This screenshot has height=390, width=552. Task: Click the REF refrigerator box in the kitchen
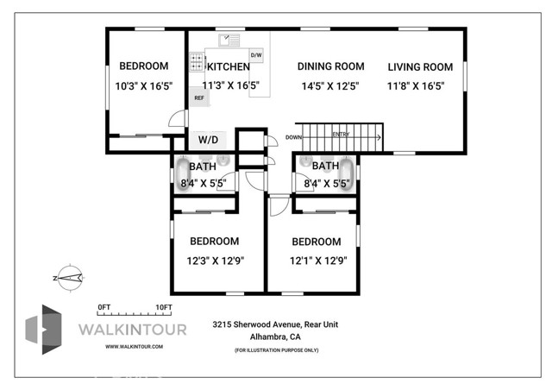click(198, 98)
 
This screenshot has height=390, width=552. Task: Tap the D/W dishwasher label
click(256, 55)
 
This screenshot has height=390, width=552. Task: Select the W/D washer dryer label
click(208, 139)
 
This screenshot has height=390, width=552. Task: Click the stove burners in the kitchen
click(198, 62)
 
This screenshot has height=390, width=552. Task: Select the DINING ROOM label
click(330, 66)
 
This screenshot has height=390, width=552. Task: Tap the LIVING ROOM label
click(420, 66)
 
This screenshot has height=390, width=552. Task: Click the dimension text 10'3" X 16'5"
click(143, 85)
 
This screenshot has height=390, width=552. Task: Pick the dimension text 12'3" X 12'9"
click(214, 260)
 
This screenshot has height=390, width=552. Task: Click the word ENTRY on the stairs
click(342, 135)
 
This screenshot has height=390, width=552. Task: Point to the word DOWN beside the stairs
click(294, 136)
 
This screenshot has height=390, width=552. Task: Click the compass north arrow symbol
click(68, 277)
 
